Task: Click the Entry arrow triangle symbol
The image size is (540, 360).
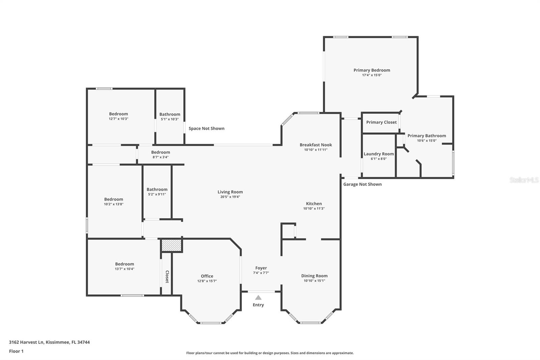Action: (258, 298)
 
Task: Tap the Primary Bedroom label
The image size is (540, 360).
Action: (372, 70)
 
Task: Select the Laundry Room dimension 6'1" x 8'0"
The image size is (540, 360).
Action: (378, 159)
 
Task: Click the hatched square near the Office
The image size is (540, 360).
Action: (171, 245)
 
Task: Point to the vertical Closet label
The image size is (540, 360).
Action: (167, 277)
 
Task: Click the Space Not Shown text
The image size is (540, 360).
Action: (206, 128)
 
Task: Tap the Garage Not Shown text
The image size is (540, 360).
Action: (362, 184)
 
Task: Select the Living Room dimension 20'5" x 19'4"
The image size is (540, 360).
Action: (230, 197)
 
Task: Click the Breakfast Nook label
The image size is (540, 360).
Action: (316, 145)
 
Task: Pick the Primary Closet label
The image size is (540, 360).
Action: (381, 122)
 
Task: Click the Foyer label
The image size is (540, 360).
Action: (261, 268)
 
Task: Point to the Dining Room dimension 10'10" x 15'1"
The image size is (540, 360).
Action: (314, 281)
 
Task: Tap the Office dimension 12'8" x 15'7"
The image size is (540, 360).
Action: (207, 281)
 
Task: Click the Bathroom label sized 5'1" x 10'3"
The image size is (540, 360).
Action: (170, 114)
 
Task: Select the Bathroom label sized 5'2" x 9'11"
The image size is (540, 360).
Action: (157, 189)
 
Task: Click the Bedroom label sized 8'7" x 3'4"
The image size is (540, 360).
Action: (160, 152)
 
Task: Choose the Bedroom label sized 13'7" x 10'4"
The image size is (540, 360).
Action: (124, 264)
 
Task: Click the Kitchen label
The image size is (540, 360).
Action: (314, 204)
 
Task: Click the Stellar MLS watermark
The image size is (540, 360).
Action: (524, 180)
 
